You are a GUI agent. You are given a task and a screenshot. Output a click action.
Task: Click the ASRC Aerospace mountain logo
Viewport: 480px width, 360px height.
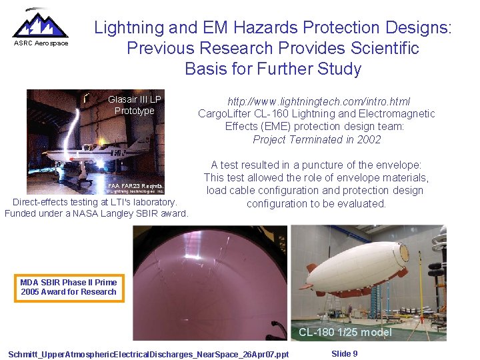tap(40, 25)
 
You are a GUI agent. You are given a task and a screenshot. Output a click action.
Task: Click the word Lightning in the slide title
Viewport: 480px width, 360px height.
tap(129, 28)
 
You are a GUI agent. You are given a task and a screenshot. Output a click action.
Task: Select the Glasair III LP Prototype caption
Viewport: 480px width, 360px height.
tap(135, 105)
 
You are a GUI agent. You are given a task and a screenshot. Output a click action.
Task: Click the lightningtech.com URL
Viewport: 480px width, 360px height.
tap(319, 101)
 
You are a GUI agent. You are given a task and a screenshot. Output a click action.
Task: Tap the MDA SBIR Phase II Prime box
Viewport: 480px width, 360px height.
tap(69, 287)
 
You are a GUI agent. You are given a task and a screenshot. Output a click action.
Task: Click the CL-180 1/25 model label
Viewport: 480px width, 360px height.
tap(345, 332)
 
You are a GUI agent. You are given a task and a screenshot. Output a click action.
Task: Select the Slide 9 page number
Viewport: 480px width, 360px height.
tap(344, 353)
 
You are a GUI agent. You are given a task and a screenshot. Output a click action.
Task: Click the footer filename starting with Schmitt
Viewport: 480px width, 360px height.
tap(148, 354)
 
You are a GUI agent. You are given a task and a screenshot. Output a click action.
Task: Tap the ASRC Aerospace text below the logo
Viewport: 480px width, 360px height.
tap(41, 43)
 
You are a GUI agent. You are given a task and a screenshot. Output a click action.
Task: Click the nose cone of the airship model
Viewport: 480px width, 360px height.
tap(403, 253)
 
